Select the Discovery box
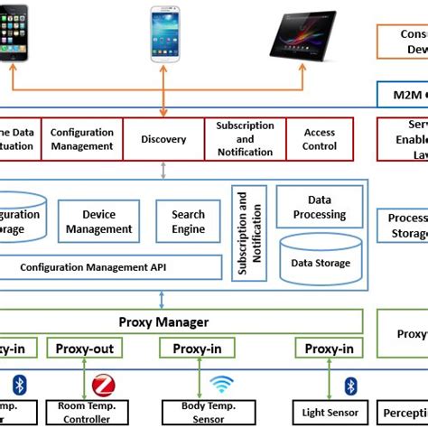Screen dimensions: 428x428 pos(163,139)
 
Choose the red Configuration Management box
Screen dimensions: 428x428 pos(81,139)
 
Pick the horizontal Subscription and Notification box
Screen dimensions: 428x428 pos(245,139)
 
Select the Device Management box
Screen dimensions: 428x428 pos(99,221)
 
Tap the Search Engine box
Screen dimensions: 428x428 pos(188,221)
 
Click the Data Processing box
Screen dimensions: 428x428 pos(320,209)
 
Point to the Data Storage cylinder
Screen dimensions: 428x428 pos(321,260)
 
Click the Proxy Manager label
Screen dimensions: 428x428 pos(163,321)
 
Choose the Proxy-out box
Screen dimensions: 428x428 pos(84,349)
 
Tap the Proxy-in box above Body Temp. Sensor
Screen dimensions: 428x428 pos(197,349)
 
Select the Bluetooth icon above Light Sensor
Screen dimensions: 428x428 pos(350,386)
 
